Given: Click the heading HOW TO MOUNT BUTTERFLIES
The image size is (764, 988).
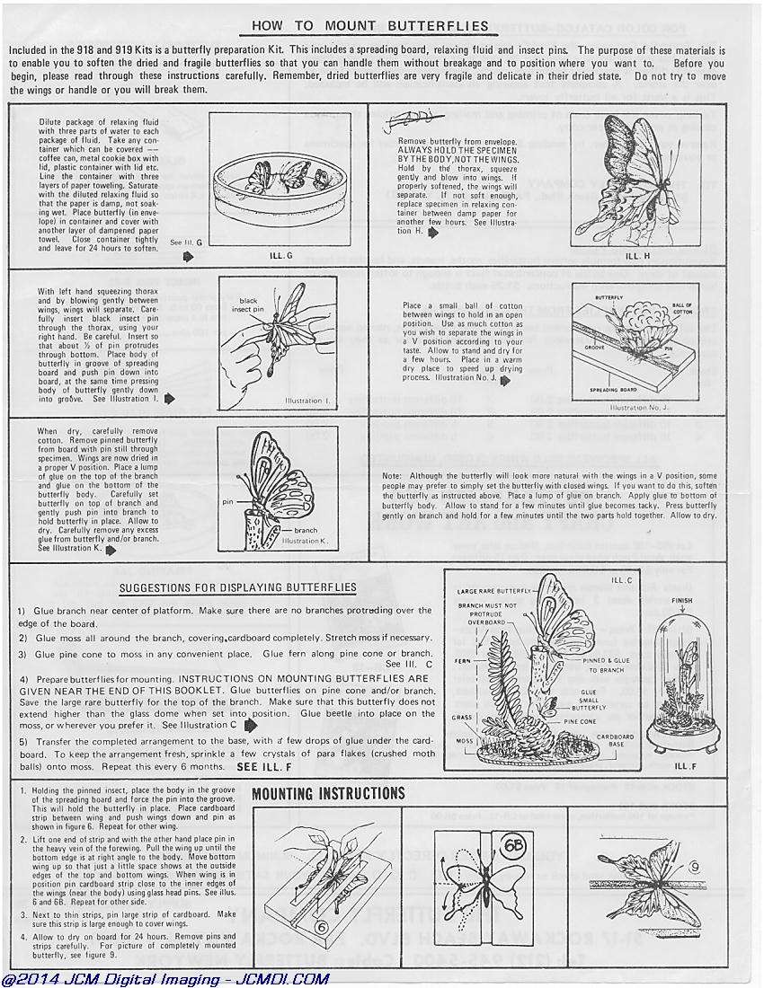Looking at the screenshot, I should [369, 26].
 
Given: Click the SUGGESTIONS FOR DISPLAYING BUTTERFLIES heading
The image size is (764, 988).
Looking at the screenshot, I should [237, 588].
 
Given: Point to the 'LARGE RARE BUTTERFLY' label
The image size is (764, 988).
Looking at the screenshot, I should [493, 591].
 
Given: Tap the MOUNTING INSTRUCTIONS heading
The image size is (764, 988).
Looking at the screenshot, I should [328, 793].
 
